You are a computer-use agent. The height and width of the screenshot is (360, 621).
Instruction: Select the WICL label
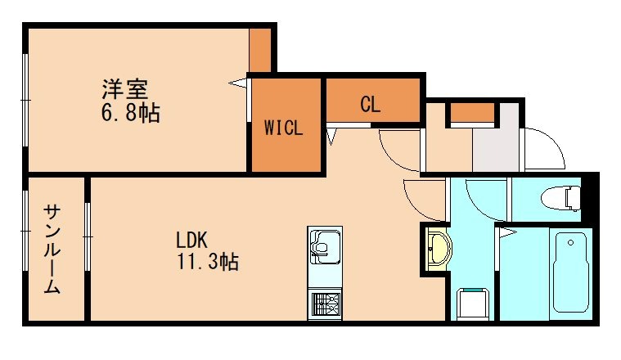(284, 128)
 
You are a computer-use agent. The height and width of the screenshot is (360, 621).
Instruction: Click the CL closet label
(370, 105)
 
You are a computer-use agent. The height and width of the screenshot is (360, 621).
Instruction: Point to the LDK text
(193, 241)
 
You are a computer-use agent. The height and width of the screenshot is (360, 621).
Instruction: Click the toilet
(560, 196)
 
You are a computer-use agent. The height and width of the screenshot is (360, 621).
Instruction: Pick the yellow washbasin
(438, 246)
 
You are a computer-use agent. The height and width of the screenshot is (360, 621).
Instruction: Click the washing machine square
(472, 304)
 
